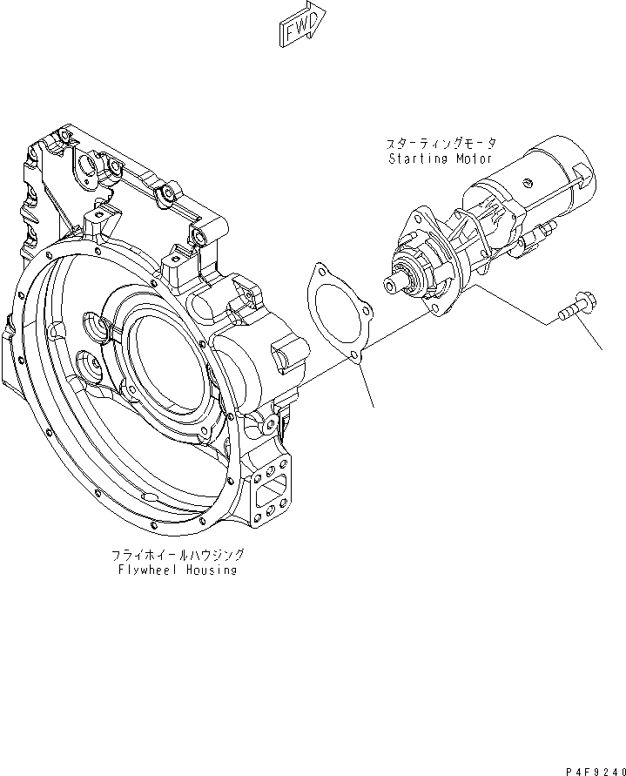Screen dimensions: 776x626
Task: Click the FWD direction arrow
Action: coord(301,24)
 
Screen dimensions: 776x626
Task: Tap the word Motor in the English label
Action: coord(475,159)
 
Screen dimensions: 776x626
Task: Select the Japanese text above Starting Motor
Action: coord(442,143)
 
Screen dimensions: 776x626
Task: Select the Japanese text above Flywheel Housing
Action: coord(177,553)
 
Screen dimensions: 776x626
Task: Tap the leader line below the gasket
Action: coord(366,384)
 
